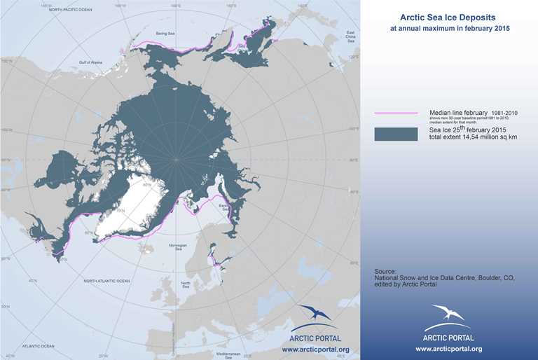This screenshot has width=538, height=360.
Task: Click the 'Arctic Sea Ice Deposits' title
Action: (449, 18)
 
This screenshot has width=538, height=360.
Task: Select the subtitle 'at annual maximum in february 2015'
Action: (449, 29)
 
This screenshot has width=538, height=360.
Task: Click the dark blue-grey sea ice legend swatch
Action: (396, 134)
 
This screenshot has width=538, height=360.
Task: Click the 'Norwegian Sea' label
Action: (179, 247)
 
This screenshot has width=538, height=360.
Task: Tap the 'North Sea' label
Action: (186, 285)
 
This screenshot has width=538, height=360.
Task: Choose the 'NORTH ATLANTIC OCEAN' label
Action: (106, 280)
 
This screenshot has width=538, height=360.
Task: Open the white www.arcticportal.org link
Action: (448, 349)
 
